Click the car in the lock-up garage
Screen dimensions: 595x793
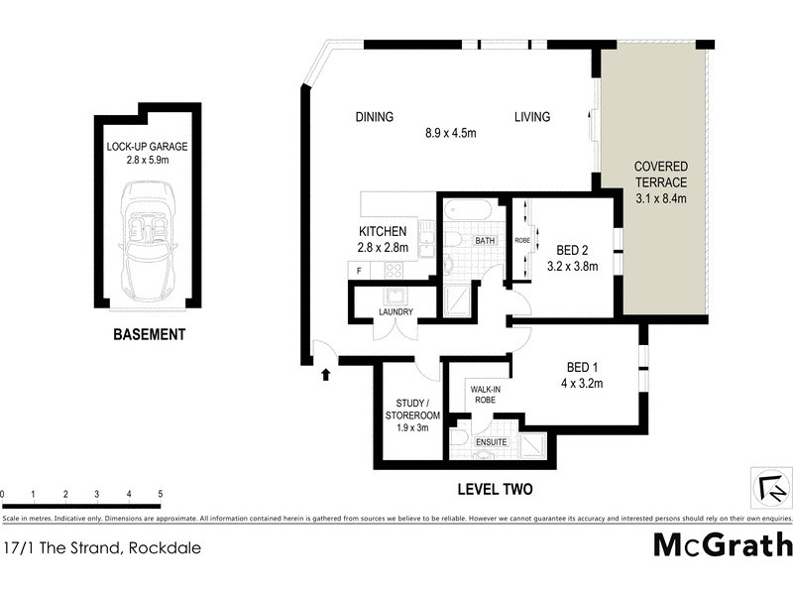click(147, 241)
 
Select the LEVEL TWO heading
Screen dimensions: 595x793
click(495, 489)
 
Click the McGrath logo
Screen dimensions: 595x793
click(723, 544)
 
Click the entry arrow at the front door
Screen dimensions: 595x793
click(326, 374)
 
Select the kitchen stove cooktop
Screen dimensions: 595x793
click(393, 269)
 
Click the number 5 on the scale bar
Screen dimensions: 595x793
click(160, 494)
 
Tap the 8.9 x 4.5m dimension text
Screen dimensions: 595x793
click(452, 133)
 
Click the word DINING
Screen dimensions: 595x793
click(375, 117)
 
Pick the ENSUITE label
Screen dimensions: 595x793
click(492, 441)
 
